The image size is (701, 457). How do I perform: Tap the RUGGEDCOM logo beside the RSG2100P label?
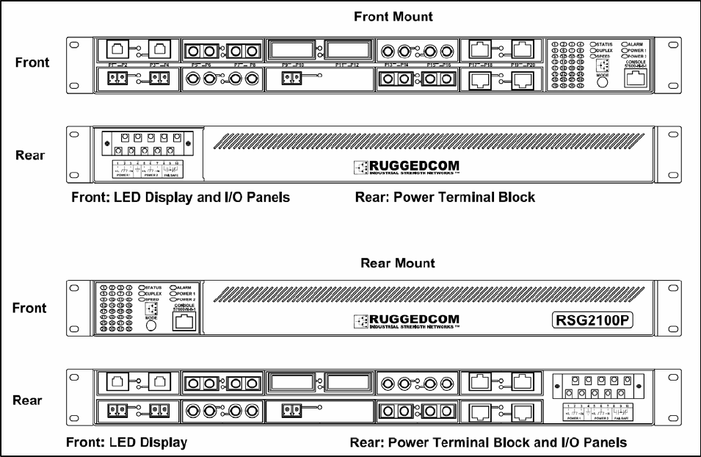tap(406, 321)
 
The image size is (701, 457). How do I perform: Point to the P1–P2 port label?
tap(118, 65)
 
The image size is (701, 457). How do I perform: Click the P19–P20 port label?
tap(523, 65)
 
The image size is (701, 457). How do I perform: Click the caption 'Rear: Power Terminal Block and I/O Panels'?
tap(487, 442)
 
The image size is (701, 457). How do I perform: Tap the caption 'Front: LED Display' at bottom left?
tap(129, 442)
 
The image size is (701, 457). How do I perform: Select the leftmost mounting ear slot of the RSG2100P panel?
tap(74, 289)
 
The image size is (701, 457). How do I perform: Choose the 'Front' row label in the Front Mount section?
tap(32, 62)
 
